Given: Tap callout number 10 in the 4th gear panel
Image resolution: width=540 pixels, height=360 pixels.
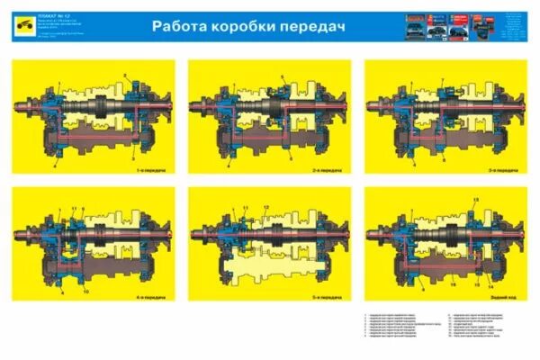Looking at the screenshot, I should [85, 292].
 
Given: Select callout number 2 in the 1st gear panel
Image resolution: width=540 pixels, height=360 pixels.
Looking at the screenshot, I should [127, 75].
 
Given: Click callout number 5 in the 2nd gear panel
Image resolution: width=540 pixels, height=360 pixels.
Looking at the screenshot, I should [282, 76].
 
